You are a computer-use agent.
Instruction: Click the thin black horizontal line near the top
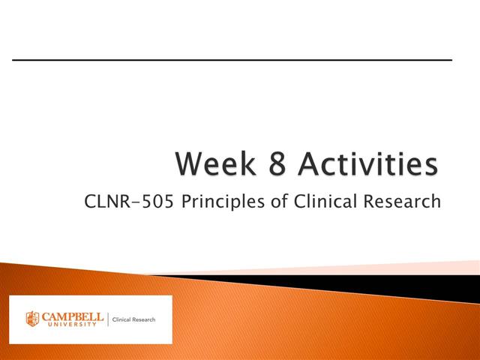[x=232, y=59]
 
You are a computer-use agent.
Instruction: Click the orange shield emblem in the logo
[x=32, y=319]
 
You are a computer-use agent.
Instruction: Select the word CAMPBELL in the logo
[x=72, y=316]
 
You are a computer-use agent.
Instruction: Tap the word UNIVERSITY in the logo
[x=72, y=325]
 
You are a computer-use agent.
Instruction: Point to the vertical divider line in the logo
[x=107, y=319]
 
